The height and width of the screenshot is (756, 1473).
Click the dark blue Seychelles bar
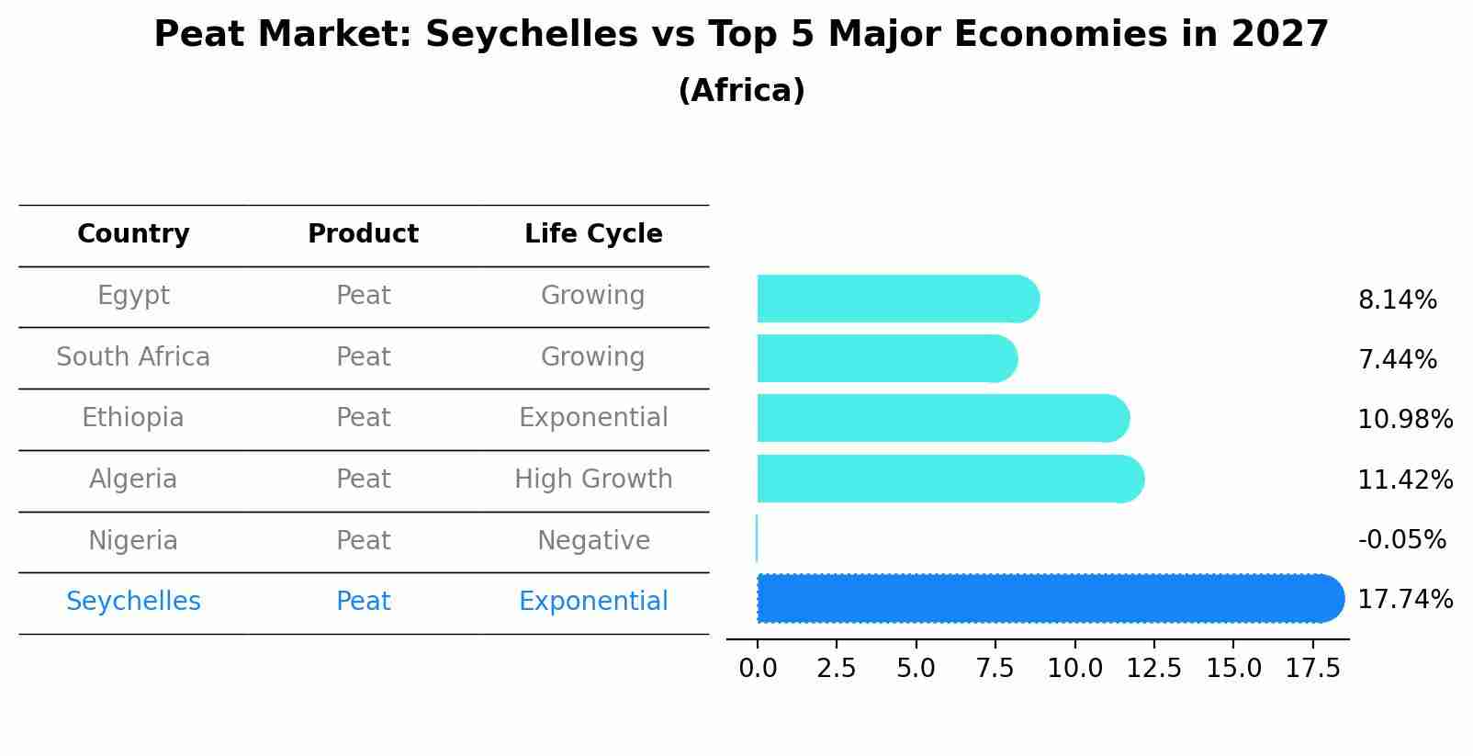[1047, 599]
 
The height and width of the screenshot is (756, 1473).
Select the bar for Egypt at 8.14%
[895, 299]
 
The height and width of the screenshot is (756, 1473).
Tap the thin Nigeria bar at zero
[757, 538]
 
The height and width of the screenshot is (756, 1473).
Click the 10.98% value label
[1404, 420]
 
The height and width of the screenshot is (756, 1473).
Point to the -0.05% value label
[1401, 539]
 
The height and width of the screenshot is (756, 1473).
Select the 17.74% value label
[1404, 600]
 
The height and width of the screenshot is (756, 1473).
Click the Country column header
[133, 234]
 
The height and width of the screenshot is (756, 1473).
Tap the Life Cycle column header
[593, 234]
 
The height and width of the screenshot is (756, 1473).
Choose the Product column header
[363, 234]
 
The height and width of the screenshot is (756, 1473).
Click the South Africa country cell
[133, 357]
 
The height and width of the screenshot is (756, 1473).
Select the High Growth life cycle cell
[593, 480]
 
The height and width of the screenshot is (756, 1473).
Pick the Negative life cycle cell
[593, 541]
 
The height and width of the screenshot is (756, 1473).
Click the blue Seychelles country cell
[133, 602]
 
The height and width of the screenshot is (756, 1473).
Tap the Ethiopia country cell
[133, 418]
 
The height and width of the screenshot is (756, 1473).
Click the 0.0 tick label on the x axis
[758, 668]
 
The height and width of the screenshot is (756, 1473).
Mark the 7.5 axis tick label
[995, 668]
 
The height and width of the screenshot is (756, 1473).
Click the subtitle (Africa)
[741, 91]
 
